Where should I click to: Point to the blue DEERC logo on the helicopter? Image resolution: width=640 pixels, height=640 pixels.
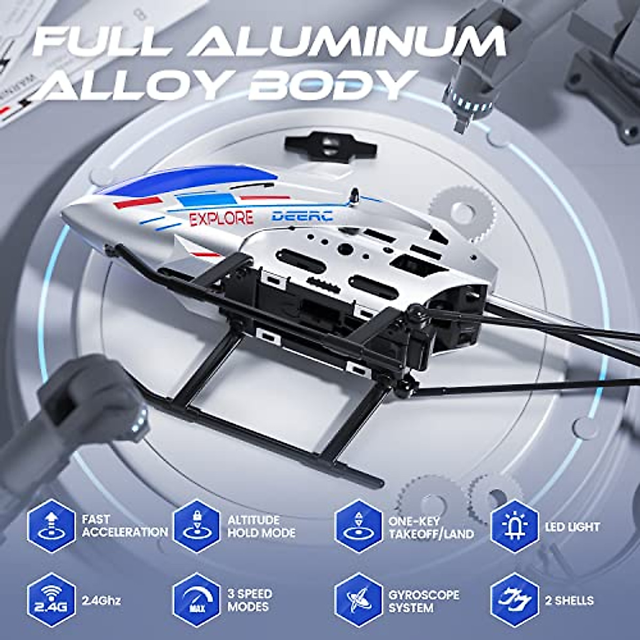pos(302,215)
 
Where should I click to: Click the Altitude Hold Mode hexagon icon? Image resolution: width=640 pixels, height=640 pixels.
pos(197,526)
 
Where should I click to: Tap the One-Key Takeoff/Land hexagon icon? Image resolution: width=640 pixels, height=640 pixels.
pos(359,526)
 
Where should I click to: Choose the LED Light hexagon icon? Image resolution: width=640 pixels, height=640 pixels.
pos(514,526)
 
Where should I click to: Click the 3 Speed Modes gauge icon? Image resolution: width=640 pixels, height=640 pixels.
pos(197,599)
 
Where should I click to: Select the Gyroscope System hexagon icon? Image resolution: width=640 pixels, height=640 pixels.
pos(359,599)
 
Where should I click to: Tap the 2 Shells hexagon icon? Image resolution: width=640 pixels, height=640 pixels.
pos(514,599)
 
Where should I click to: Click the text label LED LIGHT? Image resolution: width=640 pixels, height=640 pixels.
pos(573,526)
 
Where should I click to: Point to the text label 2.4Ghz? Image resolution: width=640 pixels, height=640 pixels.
pos(101,600)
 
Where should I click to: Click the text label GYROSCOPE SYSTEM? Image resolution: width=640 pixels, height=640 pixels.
pos(423,600)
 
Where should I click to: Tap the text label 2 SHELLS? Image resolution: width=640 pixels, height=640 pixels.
pos(569,600)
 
